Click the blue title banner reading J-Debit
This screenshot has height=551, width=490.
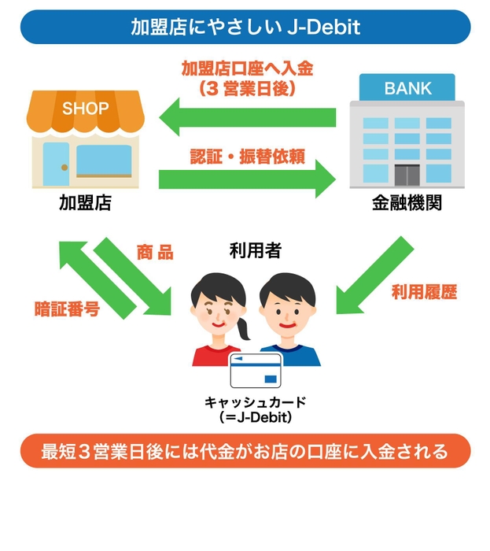click(245, 27)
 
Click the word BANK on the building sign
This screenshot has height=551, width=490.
click(407, 88)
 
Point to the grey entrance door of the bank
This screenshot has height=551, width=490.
click(407, 174)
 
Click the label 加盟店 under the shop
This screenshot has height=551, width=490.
click(85, 203)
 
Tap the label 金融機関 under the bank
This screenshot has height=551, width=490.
click(407, 203)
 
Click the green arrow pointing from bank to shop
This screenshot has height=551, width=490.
click(248, 118)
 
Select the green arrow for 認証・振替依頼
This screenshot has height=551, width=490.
click(248, 179)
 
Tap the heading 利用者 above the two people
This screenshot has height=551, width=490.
click(255, 250)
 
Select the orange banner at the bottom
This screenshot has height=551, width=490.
click(245, 452)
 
